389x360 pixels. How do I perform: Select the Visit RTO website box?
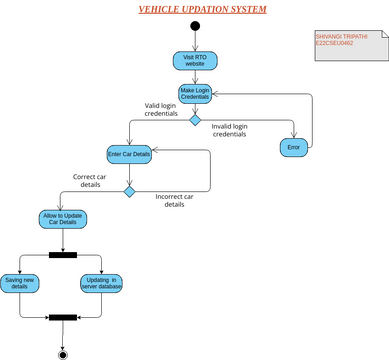(194, 60)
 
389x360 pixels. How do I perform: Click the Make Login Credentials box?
(194, 93)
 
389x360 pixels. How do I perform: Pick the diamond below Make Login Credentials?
(195, 119)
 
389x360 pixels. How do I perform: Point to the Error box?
(293, 147)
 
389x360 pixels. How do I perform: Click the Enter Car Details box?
(129, 154)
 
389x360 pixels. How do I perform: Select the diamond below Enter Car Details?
(129, 191)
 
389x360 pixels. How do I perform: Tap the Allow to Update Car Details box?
(63, 219)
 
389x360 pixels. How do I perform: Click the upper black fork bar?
(63, 254)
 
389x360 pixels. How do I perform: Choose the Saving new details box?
(20, 284)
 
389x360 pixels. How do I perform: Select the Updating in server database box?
(101, 284)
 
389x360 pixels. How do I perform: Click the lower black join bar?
(63, 318)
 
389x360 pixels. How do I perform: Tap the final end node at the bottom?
(63, 352)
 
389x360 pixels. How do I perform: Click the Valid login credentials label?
(160, 109)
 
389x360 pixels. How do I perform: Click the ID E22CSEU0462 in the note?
(334, 43)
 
